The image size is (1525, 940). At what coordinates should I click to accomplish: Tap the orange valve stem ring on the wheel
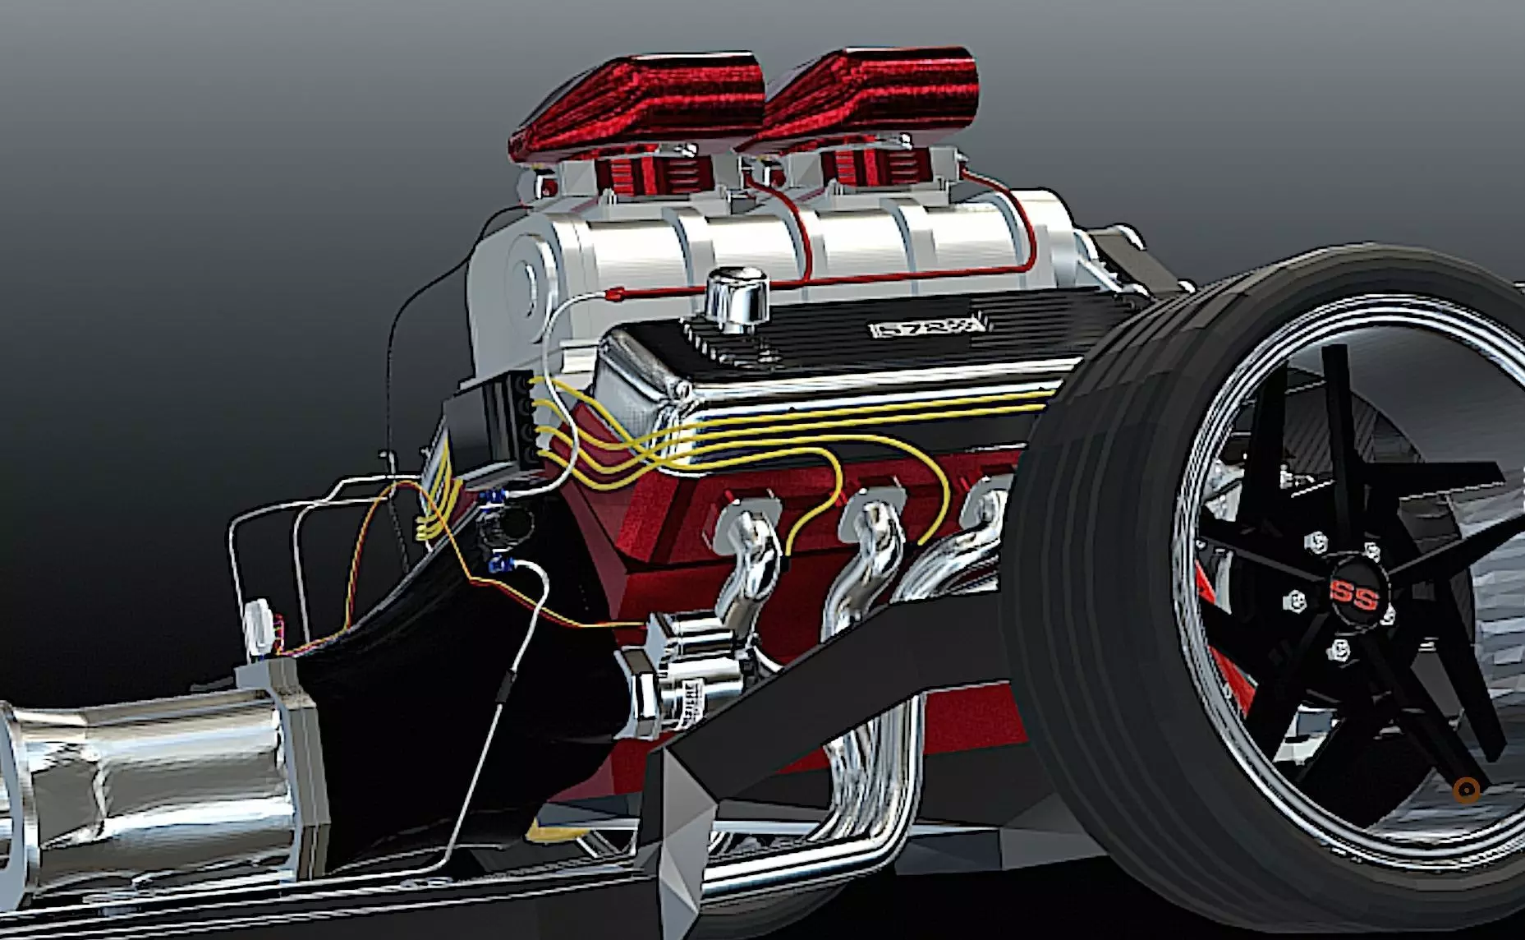coord(1466,790)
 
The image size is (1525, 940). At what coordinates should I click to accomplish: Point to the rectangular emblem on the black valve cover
coord(926,329)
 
